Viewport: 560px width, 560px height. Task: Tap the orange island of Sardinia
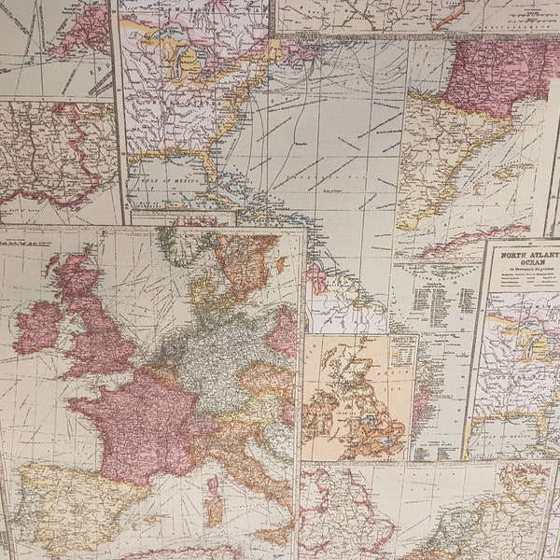pyautogui.click(x=214, y=509)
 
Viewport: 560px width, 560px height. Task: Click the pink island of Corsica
pyautogui.click(x=213, y=484)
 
